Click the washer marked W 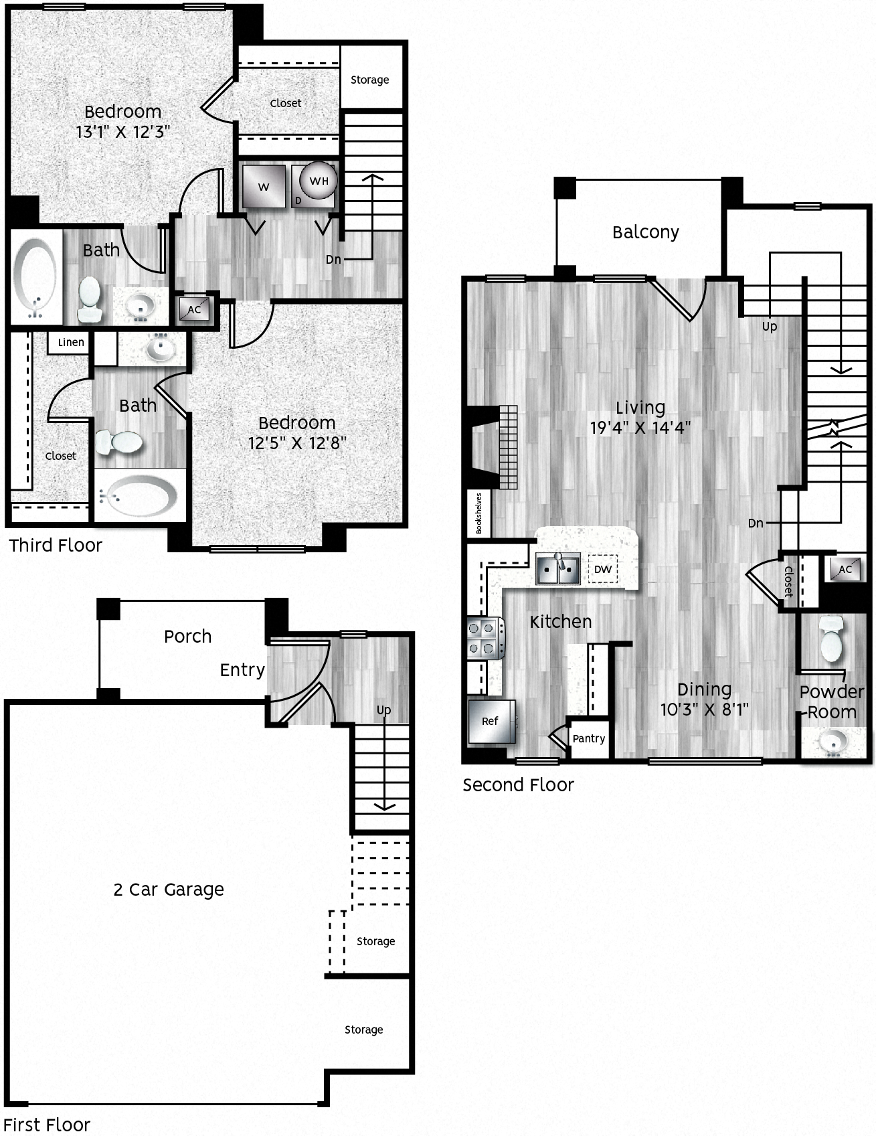tap(264, 186)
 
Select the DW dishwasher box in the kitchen tap(603, 569)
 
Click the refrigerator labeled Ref tap(491, 721)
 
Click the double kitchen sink tap(558, 569)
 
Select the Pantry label tap(589, 738)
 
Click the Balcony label tap(645, 232)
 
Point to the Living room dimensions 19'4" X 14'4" tap(640, 428)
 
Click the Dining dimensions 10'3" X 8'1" tap(704, 709)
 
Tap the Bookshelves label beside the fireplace tap(479, 513)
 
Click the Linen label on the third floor tap(70, 342)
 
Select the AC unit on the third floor tap(194, 309)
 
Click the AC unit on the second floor tap(845, 569)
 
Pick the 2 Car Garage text tap(169, 889)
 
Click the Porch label tap(187, 636)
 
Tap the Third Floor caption tap(56, 545)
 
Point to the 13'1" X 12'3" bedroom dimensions tap(122, 132)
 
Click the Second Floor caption tap(518, 785)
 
